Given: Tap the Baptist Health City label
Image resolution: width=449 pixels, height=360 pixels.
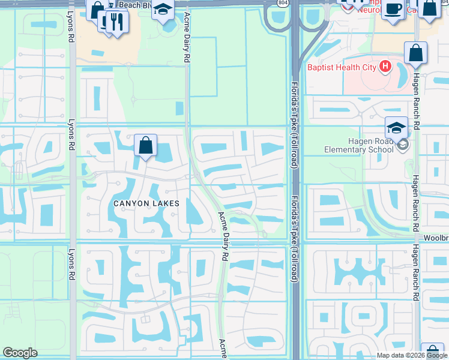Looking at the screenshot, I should (x=342, y=67).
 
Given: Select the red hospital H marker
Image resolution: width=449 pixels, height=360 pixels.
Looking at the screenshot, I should (x=385, y=67).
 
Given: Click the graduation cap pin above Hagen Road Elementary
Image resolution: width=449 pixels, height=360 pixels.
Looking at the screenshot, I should (x=396, y=127).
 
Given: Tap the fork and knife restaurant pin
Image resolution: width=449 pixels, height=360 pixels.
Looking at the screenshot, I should (x=116, y=22).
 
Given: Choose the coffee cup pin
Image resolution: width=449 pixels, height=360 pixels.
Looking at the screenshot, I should (x=394, y=9).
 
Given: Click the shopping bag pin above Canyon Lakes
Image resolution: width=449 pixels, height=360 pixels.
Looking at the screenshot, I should (x=145, y=145).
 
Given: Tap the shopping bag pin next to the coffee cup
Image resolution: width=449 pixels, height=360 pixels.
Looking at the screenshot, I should (x=430, y=8).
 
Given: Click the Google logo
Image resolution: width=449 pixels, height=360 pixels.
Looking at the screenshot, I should (x=20, y=353).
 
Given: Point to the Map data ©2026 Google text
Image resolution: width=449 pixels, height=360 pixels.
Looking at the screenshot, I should (x=412, y=355).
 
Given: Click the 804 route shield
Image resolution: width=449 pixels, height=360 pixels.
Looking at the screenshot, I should (x=282, y=3).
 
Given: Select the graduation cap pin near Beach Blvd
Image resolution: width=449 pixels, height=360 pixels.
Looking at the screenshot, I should (x=162, y=9).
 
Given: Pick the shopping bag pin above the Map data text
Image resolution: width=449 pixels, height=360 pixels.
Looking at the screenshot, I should (x=432, y=350).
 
